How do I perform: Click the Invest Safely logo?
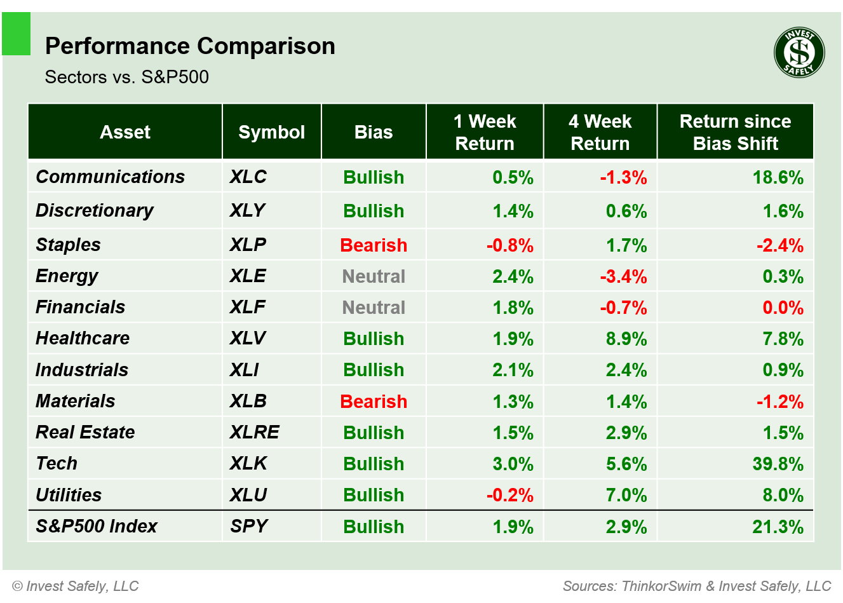click(x=799, y=53)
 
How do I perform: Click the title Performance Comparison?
click(x=190, y=46)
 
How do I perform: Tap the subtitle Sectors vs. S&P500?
click(x=126, y=78)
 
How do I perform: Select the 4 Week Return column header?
click(x=600, y=132)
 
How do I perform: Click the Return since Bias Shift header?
click(x=735, y=132)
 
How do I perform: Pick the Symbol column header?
click(x=271, y=132)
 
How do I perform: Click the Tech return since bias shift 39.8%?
click(x=778, y=464)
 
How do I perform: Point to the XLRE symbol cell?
click(x=254, y=433)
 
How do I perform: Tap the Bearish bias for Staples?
click(x=374, y=245)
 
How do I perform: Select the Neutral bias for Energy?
click(x=374, y=276)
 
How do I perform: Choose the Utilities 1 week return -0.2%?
click(x=509, y=495)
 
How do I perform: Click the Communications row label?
click(x=110, y=177)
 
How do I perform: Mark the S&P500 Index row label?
click(x=96, y=527)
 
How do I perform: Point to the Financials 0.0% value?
click(x=783, y=308)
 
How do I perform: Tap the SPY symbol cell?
click(x=248, y=527)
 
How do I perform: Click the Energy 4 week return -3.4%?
click(x=623, y=277)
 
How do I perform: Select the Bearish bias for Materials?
click(x=374, y=402)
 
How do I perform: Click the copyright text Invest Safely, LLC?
click(x=76, y=586)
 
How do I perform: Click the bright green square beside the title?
click(x=17, y=34)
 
